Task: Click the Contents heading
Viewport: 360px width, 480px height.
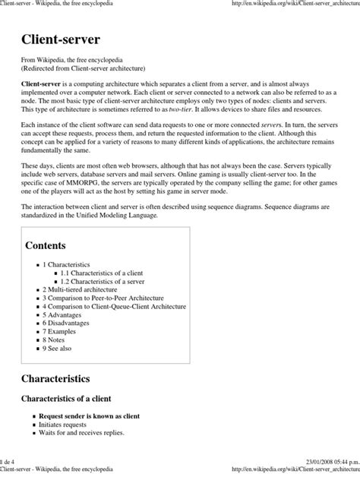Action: (x=46, y=245)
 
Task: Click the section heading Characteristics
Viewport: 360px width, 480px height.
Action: (x=55, y=377)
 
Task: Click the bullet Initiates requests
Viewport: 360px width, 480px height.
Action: (x=64, y=425)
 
